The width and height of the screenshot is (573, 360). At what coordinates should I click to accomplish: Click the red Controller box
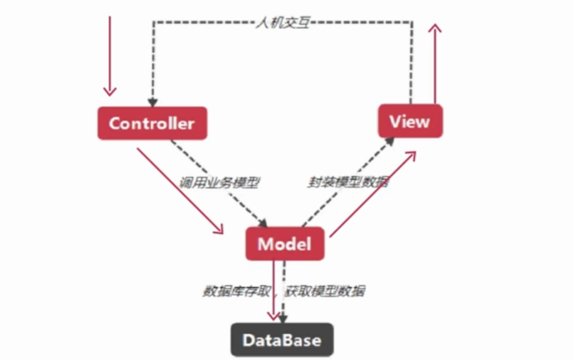152,123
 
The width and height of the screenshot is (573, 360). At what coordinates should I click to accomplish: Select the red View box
410,121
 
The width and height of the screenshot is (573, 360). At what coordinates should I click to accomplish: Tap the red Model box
285,244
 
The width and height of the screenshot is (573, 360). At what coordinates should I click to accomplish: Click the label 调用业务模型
220,183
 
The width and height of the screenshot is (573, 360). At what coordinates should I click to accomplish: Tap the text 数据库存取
235,291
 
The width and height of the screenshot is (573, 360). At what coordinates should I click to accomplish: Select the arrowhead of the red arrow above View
436,29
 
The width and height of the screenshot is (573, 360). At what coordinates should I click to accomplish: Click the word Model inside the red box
285,244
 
